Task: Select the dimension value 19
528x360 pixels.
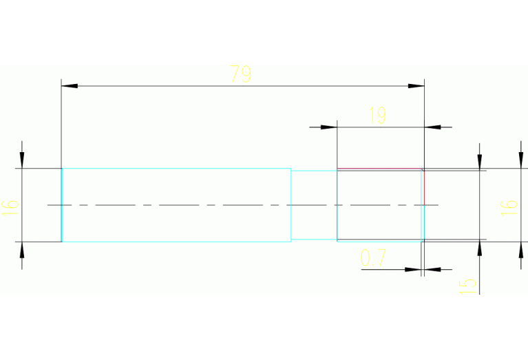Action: pos(377,116)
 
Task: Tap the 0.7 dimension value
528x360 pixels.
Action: pos(373,258)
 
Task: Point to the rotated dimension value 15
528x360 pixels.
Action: pos(467,284)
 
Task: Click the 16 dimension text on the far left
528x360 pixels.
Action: pos(10,206)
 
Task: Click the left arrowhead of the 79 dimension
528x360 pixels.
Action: pos(70,86)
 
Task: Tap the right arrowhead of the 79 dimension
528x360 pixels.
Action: pos(416,86)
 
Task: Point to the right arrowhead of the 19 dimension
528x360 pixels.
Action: pos(433,127)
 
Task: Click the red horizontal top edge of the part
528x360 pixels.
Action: pos(379,169)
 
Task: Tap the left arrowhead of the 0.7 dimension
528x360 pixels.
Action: pos(413,269)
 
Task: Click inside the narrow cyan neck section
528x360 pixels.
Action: pos(313,205)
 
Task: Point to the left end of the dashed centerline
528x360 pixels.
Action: pos(48,204)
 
